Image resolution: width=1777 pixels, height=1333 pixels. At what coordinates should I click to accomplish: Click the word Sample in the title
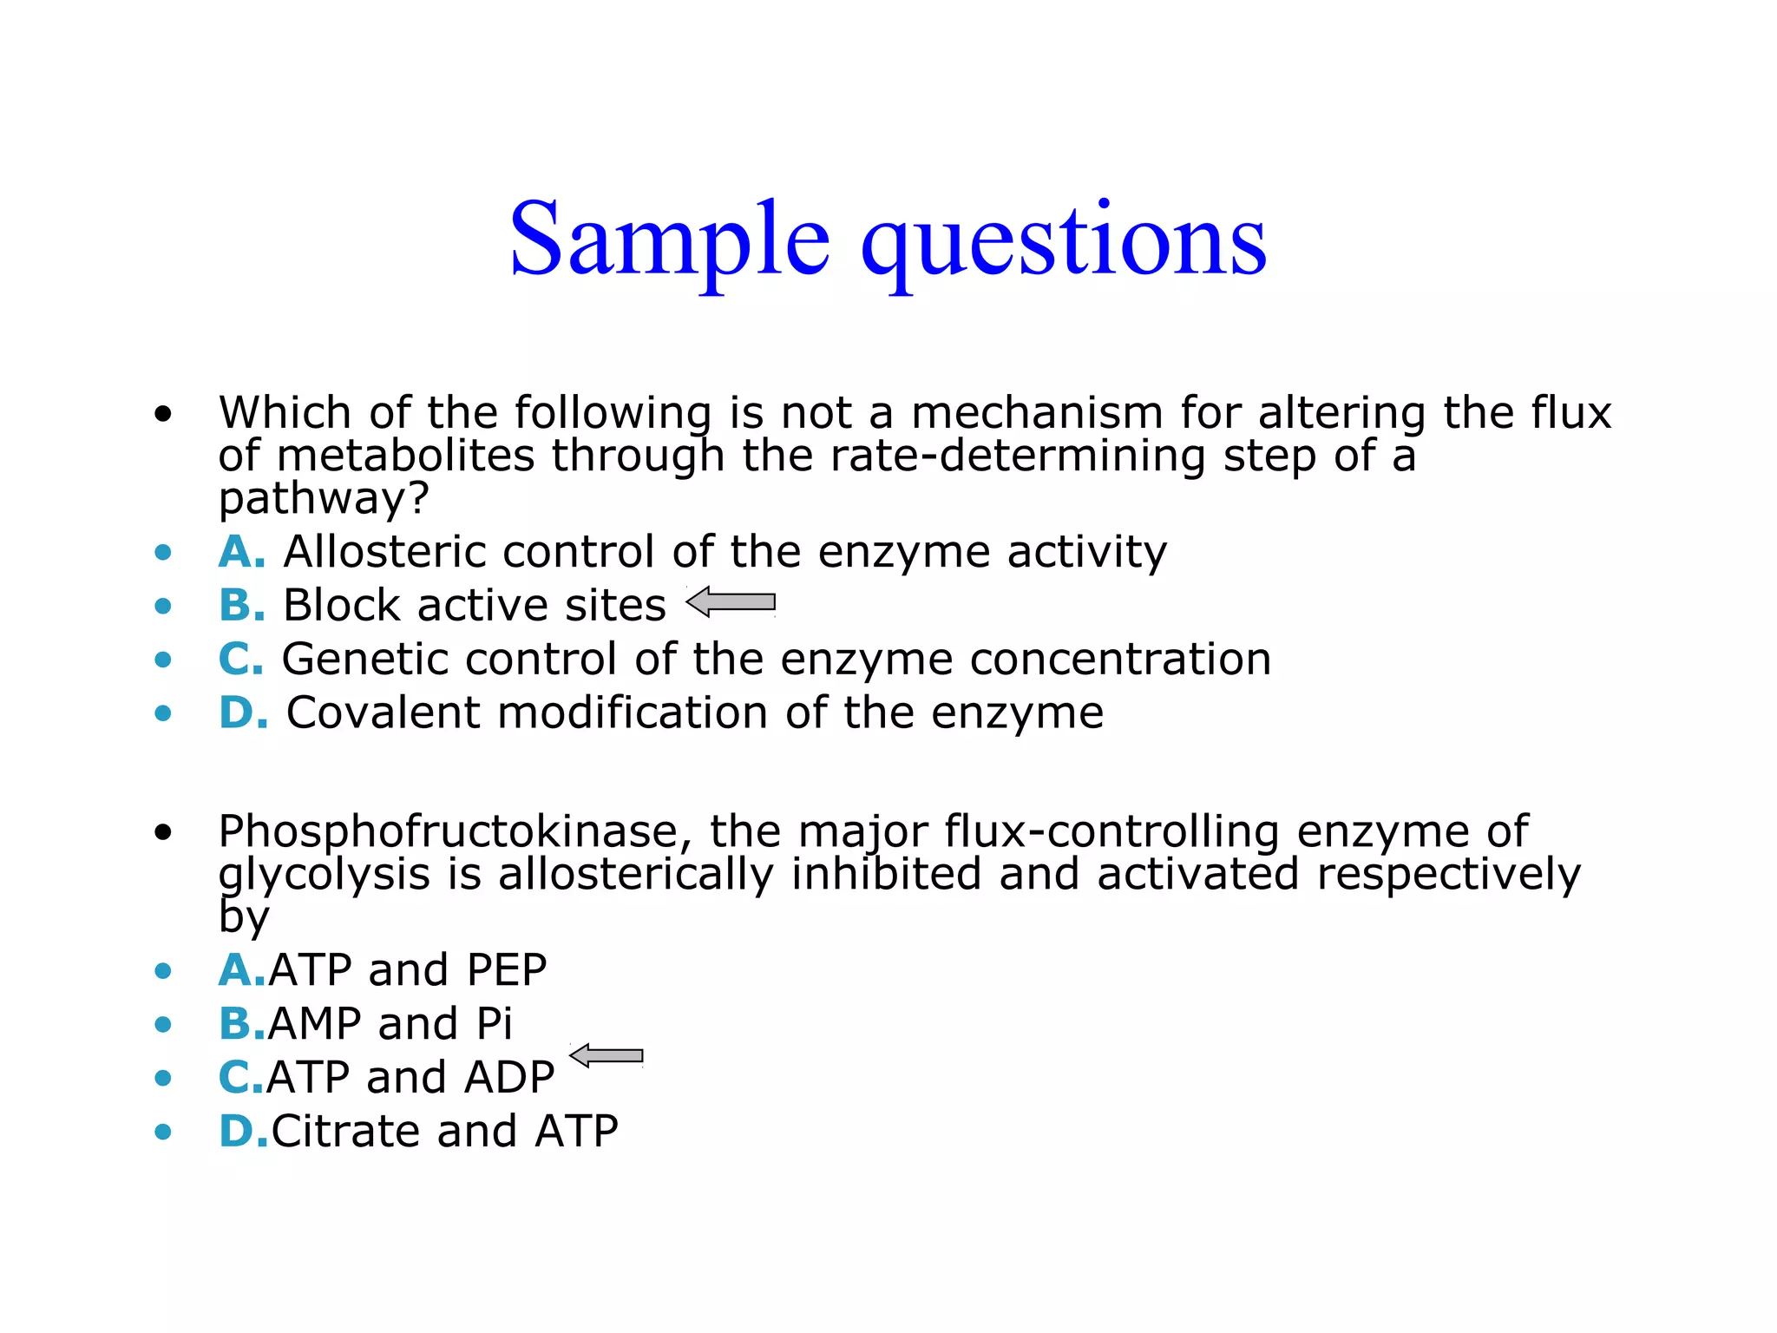click(669, 240)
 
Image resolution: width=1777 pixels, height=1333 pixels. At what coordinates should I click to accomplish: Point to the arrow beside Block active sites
click(731, 601)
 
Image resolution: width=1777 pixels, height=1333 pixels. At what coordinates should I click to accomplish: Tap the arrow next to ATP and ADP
click(607, 1055)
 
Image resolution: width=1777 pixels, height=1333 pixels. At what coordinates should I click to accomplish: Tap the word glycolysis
click(324, 875)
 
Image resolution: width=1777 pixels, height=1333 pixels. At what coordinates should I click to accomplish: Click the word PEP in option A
click(507, 970)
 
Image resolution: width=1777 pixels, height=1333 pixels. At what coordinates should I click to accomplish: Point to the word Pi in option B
click(495, 1024)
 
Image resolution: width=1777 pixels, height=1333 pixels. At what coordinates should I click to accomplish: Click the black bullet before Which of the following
click(163, 413)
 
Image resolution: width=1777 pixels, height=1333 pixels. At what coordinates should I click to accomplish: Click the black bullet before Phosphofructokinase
click(163, 833)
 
